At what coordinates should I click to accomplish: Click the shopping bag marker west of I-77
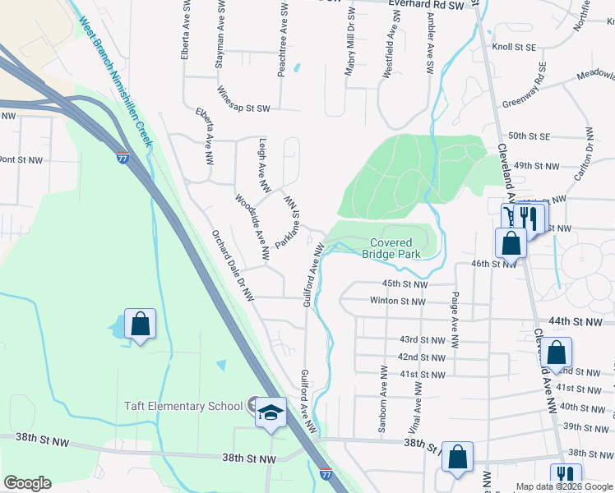coord(141,325)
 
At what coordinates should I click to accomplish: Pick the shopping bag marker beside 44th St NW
coord(557,352)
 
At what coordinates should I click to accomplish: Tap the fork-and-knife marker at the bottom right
coord(565,476)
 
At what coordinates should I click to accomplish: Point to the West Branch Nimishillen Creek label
coord(116,83)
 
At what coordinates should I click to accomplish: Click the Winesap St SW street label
coord(243,108)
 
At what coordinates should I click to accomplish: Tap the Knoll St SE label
coord(514,48)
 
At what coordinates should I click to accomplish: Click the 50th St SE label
coord(529,136)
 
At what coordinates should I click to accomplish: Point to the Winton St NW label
coord(397,302)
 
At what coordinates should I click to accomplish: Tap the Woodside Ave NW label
coord(252,228)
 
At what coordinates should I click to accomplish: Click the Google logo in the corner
coord(28,483)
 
